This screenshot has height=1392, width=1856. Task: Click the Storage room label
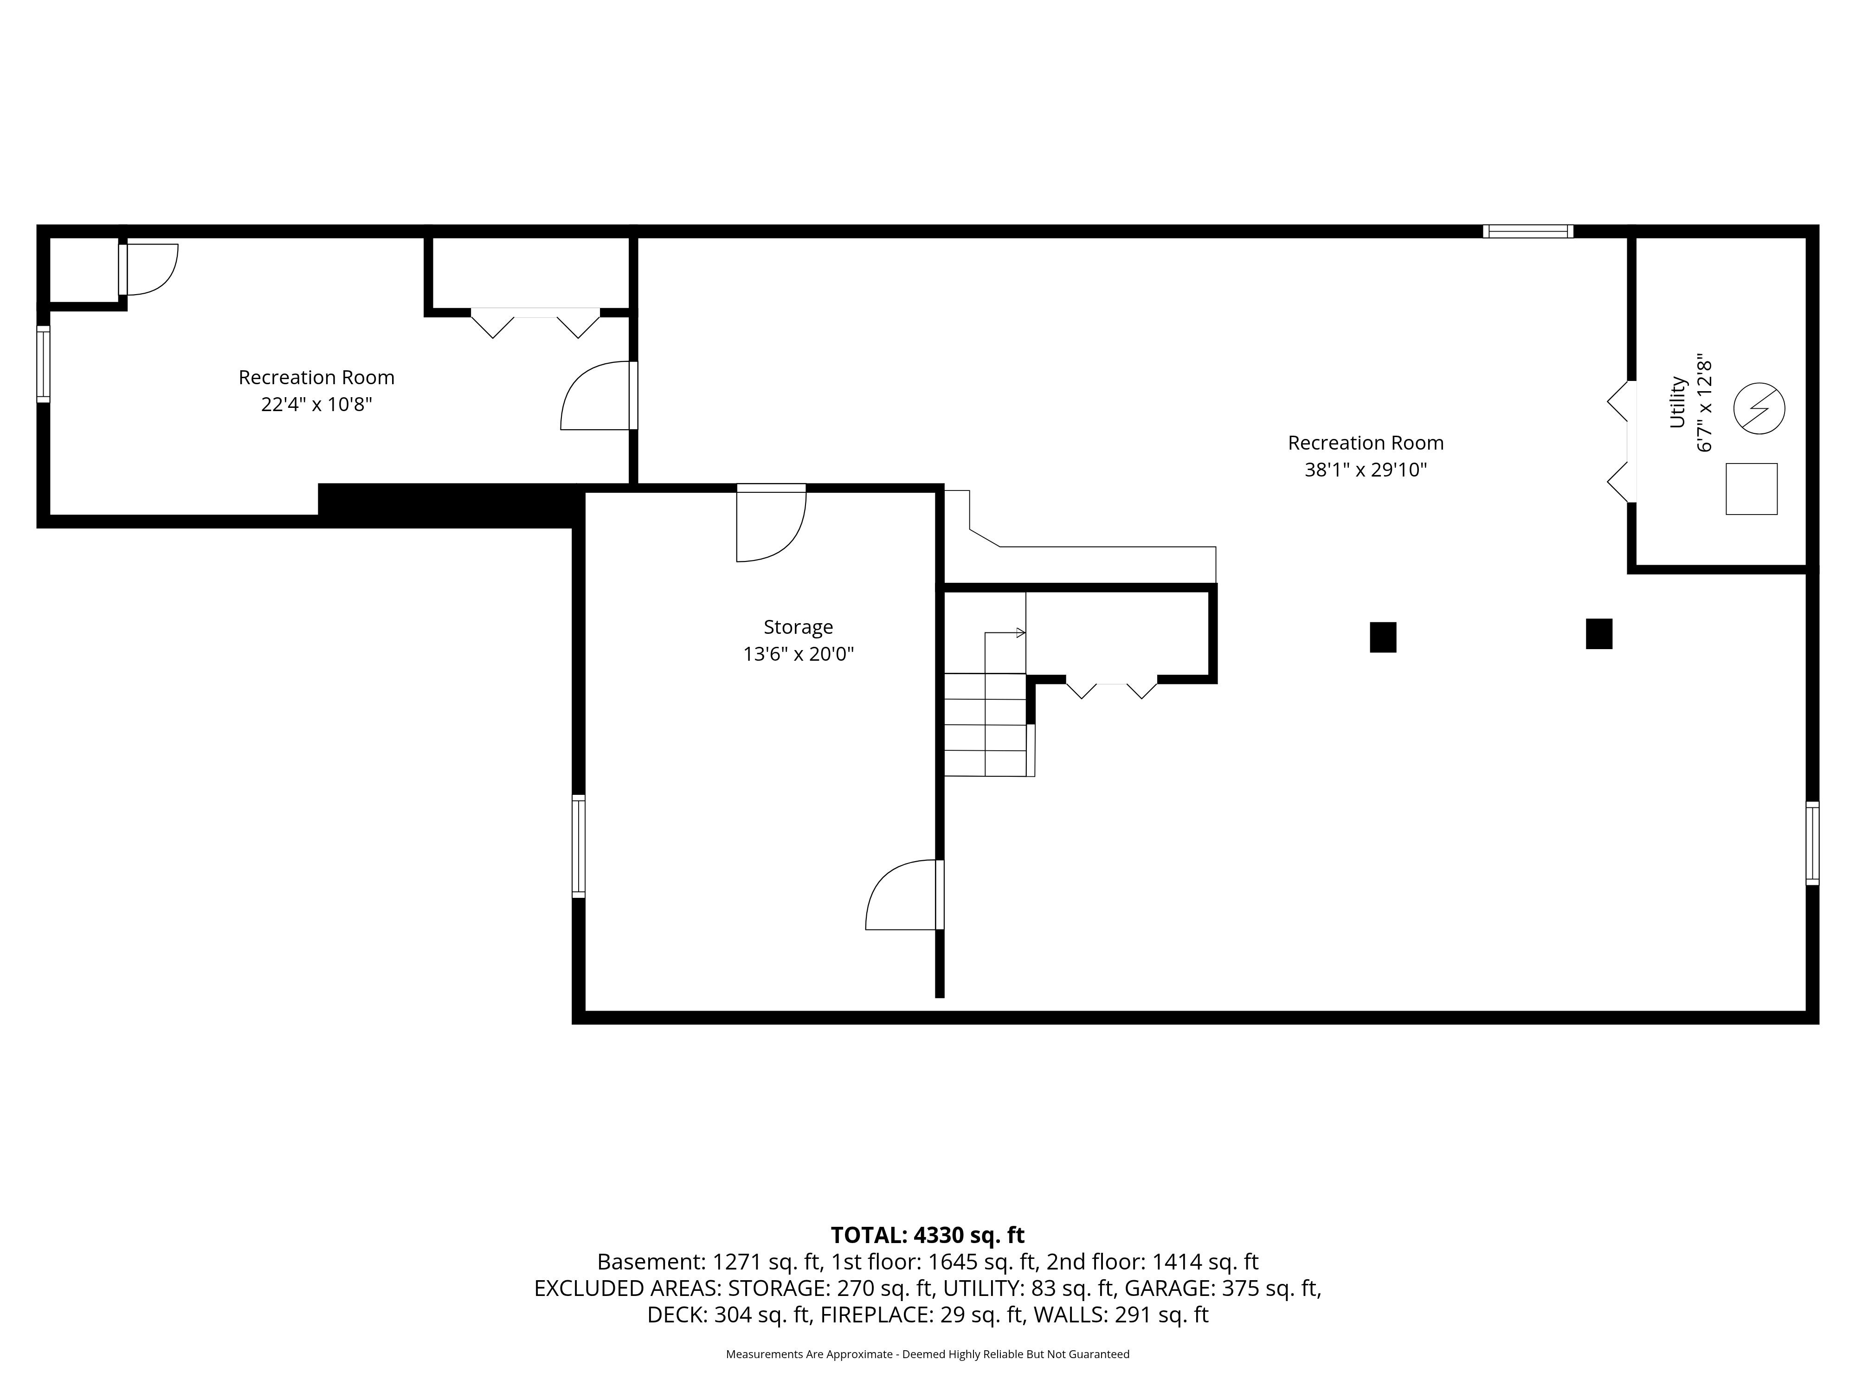798,627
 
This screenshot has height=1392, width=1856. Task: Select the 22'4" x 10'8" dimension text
316,405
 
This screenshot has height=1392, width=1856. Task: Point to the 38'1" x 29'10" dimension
1365,470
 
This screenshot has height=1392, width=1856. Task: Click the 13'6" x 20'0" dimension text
798,654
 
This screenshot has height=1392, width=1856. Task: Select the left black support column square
1383,637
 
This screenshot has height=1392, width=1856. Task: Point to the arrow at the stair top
1005,632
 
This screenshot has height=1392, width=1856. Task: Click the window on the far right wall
1812,843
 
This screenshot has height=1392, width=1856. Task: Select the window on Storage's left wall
578,846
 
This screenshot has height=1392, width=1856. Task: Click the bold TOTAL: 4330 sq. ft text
927,1235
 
